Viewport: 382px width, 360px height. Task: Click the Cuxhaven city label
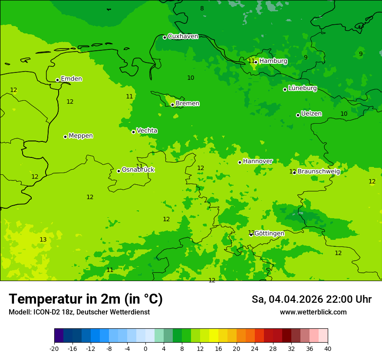tap(183, 36)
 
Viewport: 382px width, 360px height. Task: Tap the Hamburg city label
tap(273, 61)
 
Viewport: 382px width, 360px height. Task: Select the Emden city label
tap(71, 79)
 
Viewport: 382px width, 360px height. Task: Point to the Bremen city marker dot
tap(172, 105)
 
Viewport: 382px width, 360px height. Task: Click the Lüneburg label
tap(303, 88)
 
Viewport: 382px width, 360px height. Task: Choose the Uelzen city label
tap(311, 114)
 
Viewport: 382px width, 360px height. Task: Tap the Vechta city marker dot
tap(133, 132)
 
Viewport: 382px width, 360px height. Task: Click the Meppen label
tap(81, 136)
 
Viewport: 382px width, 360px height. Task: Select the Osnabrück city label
tap(138, 170)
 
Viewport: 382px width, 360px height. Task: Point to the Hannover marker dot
tap(240, 162)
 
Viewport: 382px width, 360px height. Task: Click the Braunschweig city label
tap(319, 172)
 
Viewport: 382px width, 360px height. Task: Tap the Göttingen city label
tap(269, 234)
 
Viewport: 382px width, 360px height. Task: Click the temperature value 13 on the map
tap(43, 240)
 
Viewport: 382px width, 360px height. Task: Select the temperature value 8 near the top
tap(202, 9)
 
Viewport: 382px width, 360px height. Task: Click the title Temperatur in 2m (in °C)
tap(86, 299)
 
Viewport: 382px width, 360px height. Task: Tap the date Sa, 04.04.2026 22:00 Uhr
tap(311, 299)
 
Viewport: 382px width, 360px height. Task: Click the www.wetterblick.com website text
tap(313, 312)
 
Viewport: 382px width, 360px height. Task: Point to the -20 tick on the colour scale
tap(54, 349)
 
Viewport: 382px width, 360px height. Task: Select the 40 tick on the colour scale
tap(328, 349)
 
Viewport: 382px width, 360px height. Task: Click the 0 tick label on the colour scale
tap(145, 349)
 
